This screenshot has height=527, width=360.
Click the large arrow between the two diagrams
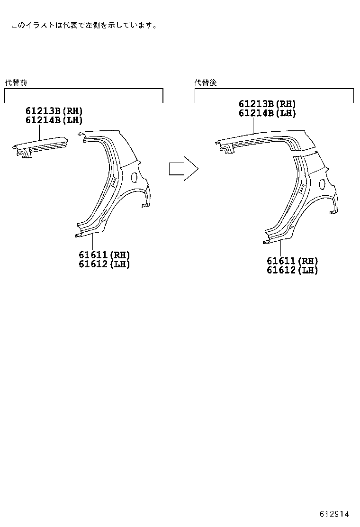point(183,169)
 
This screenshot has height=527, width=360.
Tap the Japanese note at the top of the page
point(84,25)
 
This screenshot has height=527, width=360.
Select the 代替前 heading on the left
point(16,82)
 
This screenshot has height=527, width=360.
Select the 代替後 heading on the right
point(206,82)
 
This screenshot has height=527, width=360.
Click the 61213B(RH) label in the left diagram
point(54,111)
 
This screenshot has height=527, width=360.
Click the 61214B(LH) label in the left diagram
point(54,120)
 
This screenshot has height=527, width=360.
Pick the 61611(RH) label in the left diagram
point(104,255)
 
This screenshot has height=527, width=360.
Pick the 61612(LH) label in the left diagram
point(104,264)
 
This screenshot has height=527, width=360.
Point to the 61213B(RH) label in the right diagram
point(267,104)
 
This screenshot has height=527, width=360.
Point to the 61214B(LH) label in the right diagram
point(267,113)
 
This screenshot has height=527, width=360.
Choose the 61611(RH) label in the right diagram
point(292,261)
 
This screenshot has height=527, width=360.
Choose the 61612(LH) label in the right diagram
point(292,270)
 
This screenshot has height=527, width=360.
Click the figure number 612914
point(334,514)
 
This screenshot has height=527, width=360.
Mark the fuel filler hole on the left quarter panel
point(134,178)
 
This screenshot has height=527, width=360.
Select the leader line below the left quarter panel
point(93,242)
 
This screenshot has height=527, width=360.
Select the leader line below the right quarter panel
point(281,247)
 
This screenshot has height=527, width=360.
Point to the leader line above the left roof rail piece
point(40,132)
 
